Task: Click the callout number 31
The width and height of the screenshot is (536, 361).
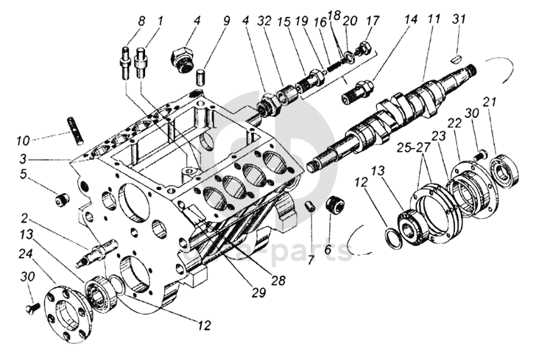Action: click(x=459, y=19)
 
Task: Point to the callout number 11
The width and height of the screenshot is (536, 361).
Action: click(x=434, y=19)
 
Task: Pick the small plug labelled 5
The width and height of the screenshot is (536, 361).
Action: click(x=62, y=200)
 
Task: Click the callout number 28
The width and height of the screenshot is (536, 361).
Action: click(x=278, y=280)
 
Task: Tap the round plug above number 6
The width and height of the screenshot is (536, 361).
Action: click(x=335, y=205)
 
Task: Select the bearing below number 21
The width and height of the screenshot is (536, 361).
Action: click(x=504, y=170)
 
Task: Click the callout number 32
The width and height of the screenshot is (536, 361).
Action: click(x=265, y=21)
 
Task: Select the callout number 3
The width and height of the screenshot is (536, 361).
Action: click(x=23, y=159)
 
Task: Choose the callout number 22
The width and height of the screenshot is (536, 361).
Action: click(x=455, y=124)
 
